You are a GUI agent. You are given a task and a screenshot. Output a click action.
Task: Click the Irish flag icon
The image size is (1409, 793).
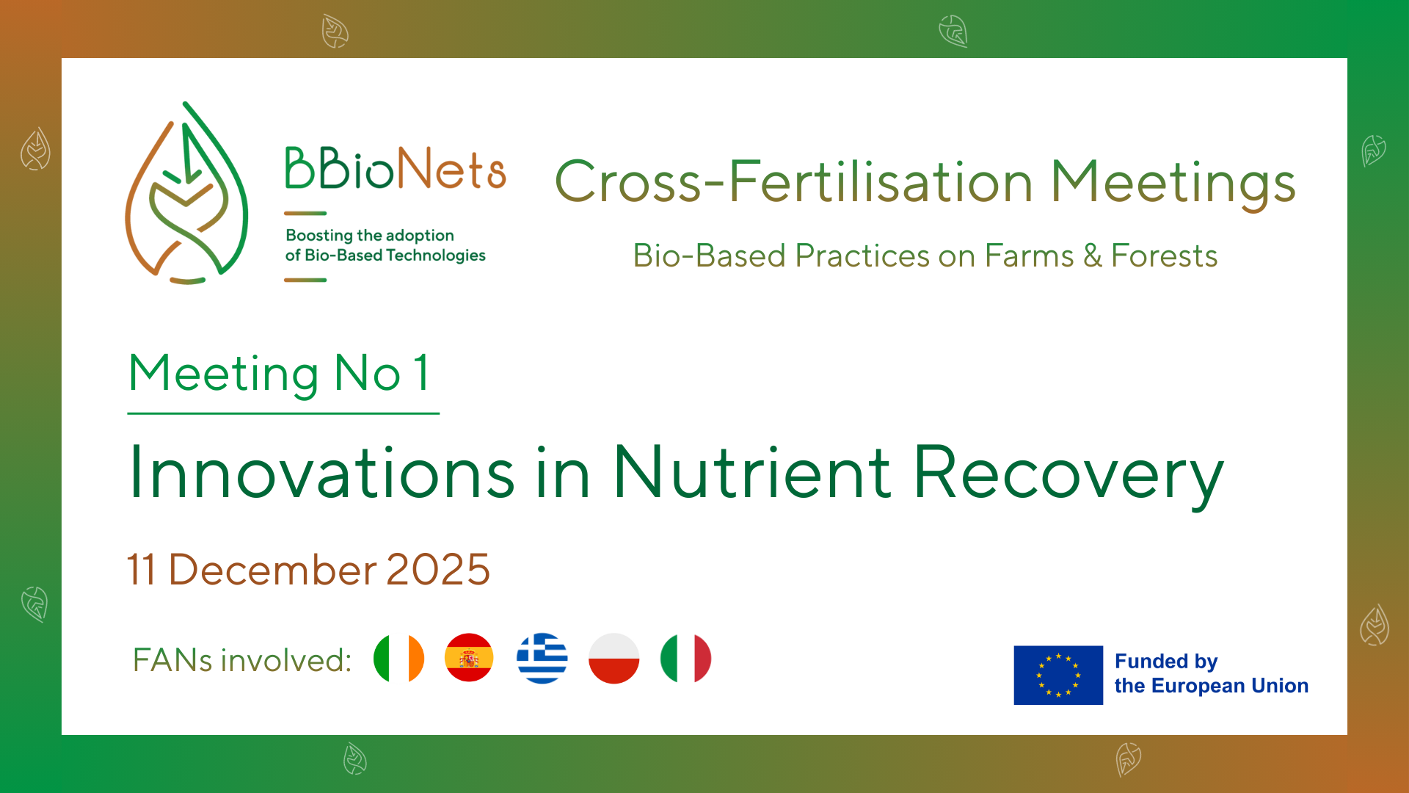tap(398, 659)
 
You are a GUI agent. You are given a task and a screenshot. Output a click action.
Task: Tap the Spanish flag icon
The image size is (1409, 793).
tap(469, 659)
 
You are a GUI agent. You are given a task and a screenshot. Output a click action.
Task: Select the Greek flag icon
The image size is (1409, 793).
tap(542, 659)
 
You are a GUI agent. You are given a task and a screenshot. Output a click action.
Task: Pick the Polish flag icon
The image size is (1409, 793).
tap(614, 659)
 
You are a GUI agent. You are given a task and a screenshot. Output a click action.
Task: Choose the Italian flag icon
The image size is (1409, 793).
tap(685, 659)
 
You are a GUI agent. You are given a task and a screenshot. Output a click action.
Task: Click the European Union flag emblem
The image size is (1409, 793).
tap(1057, 676)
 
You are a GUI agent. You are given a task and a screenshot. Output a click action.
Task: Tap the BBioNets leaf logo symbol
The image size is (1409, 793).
tap(187, 195)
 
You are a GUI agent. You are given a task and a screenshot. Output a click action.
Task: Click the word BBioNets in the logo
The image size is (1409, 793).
tap(396, 170)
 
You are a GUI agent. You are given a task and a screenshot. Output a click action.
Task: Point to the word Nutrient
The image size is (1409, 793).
tap(752, 474)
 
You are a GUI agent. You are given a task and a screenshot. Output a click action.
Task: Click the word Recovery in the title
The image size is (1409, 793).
tap(1068, 474)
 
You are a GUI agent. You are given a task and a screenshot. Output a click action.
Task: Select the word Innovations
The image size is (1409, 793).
tap(321, 474)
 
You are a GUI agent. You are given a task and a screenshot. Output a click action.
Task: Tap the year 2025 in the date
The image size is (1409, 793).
tap(438, 570)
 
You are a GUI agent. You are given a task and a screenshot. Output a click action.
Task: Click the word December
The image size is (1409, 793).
tap(272, 570)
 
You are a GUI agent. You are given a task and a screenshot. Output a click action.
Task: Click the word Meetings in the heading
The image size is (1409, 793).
tap(1173, 182)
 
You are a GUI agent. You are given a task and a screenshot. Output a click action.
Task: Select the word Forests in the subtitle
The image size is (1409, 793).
tap(1164, 256)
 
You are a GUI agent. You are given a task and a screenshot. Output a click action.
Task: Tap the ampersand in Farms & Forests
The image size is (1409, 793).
tap(1092, 256)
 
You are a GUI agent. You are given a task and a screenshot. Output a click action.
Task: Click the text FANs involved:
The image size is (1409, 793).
tap(242, 660)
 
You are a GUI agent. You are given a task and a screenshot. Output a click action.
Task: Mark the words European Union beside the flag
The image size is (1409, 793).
tap(1230, 686)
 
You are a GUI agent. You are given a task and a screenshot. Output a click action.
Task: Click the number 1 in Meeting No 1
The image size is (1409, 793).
tap(421, 373)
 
